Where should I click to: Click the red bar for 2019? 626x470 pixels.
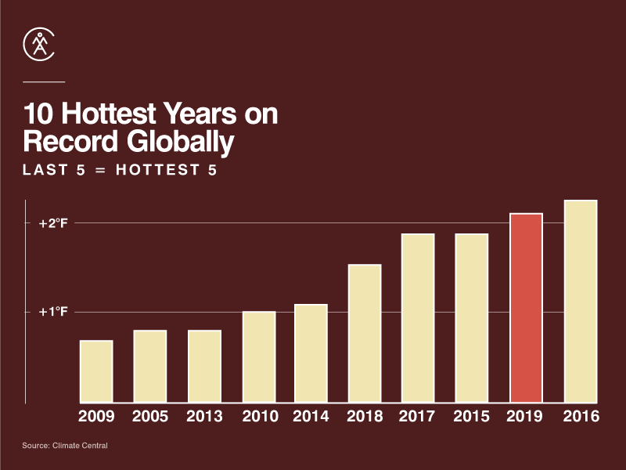point(526,309)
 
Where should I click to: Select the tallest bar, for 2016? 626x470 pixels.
point(581,302)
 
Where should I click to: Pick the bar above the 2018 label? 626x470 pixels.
point(365,334)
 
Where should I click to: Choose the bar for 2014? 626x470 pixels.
point(311,353)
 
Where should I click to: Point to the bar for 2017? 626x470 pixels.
point(418,318)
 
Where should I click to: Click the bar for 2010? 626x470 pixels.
point(259,357)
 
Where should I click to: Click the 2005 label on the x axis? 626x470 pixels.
point(150,417)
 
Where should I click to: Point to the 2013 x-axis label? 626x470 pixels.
point(204,417)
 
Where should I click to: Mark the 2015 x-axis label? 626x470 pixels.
point(472,417)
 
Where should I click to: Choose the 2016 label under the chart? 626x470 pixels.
point(581,417)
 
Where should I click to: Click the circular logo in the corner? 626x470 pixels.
point(39,45)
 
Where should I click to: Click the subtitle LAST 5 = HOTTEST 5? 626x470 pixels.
point(120,170)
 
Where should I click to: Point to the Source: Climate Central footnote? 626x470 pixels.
point(65,446)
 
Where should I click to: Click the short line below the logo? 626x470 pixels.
point(44,81)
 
